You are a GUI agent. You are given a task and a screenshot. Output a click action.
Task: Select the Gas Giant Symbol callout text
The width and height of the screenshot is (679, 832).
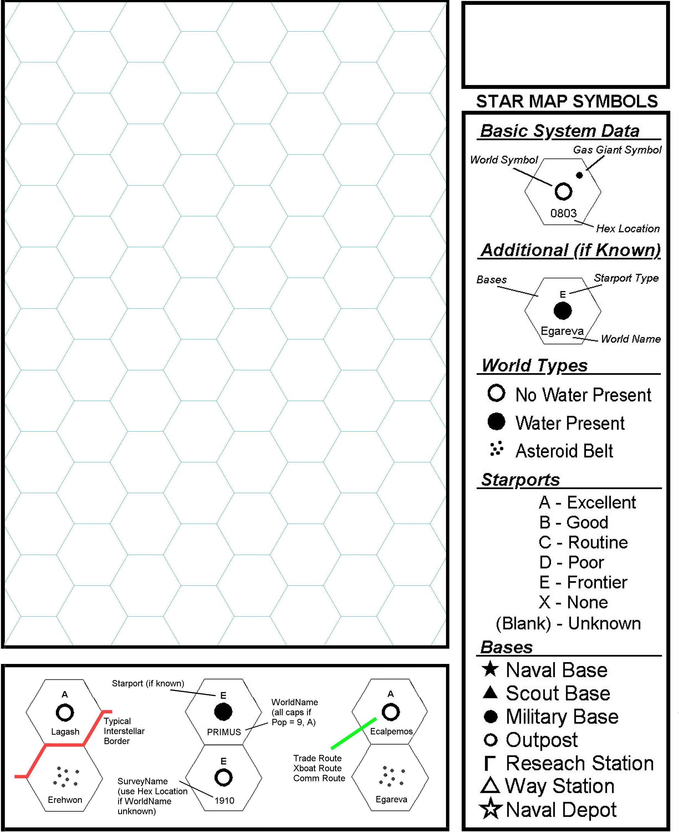coord(617,150)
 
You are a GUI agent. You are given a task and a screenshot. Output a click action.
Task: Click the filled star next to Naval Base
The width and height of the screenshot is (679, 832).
coord(490,669)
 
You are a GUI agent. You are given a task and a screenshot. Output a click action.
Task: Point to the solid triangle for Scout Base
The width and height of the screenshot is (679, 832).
coord(490,693)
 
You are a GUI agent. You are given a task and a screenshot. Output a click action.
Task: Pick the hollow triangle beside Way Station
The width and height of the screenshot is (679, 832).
coord(490,785)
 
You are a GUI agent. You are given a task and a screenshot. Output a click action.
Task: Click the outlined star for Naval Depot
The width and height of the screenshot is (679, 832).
coord(490,809)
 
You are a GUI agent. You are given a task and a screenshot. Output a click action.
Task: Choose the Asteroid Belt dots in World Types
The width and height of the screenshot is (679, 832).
coord(496,449)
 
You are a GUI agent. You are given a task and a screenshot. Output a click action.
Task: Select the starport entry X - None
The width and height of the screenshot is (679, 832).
coord(573,602)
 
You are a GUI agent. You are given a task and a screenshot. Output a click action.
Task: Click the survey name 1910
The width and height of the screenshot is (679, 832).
coord(224,801)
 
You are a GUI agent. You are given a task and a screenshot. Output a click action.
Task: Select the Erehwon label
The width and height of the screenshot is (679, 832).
coord(65,800)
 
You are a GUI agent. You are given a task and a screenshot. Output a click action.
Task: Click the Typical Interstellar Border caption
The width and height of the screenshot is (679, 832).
coord(124,731)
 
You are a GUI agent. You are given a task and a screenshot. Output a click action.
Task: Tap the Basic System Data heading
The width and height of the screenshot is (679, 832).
coord(559,131)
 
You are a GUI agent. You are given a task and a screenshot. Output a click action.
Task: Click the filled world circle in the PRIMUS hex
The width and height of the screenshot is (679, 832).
coord(223,712)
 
